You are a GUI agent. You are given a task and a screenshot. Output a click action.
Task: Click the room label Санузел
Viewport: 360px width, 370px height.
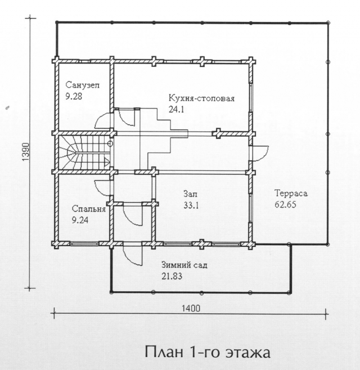tap(82, 85)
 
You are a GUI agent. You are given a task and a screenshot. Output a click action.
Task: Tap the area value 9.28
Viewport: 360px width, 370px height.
tap(74, 96)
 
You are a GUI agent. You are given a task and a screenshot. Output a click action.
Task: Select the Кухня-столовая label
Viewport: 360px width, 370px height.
tap(201, 98)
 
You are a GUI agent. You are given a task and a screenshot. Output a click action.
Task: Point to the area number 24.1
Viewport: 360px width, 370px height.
tap(176, 110)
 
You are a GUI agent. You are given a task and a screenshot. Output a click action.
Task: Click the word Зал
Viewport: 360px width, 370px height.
tap(190, 194)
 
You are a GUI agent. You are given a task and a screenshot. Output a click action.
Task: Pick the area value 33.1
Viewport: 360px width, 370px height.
tap(191, 206)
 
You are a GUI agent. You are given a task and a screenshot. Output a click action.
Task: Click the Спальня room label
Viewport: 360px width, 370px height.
tap(88, 209)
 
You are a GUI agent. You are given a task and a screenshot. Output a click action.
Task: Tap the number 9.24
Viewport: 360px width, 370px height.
tap(80, 220)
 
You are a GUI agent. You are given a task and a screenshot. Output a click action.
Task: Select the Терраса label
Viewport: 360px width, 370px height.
tap(291, 193)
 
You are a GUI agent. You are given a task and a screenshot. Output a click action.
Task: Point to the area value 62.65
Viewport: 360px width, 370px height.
tap(285, 204)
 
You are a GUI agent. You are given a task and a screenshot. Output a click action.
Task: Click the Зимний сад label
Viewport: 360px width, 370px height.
tap(184, 265)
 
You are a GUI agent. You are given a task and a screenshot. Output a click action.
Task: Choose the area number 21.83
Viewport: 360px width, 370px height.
tap(172, 276)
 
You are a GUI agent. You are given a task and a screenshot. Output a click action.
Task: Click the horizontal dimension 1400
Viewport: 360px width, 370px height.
tap(191, 308)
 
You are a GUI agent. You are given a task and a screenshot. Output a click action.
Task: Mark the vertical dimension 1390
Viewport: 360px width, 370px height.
tap(26, 152)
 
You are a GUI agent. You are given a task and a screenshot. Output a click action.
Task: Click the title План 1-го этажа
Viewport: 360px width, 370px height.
tap(208, 353)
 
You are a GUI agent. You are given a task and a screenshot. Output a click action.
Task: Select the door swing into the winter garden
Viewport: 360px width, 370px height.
tap(132, 255)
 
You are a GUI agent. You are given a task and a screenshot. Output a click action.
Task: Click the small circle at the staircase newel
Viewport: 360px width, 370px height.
tap(110, 143)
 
